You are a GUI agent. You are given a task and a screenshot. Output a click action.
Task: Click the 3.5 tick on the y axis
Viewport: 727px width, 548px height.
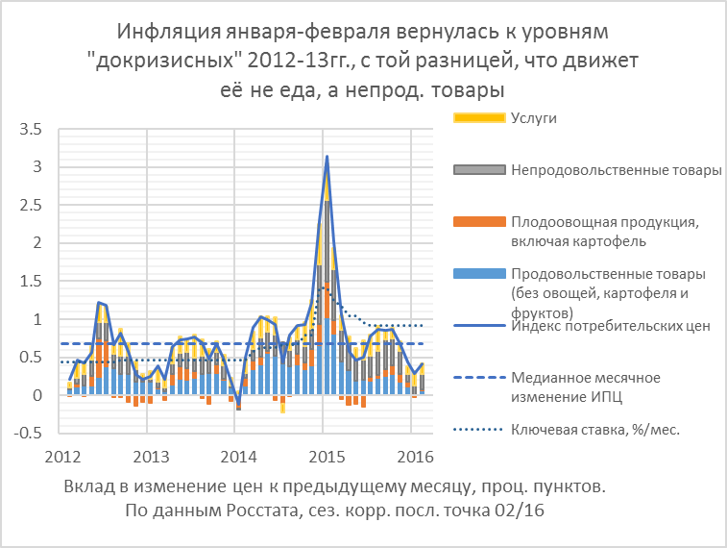[31, 129]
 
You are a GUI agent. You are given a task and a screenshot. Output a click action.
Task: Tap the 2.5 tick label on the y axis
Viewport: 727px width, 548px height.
[31, 205]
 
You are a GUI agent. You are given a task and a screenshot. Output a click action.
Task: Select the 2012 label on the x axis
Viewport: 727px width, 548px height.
[60, 454]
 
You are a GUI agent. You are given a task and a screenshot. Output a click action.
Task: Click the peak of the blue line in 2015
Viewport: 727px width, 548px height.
[327, 156]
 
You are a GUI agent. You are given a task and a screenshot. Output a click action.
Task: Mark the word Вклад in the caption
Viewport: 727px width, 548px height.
[89, 487]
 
